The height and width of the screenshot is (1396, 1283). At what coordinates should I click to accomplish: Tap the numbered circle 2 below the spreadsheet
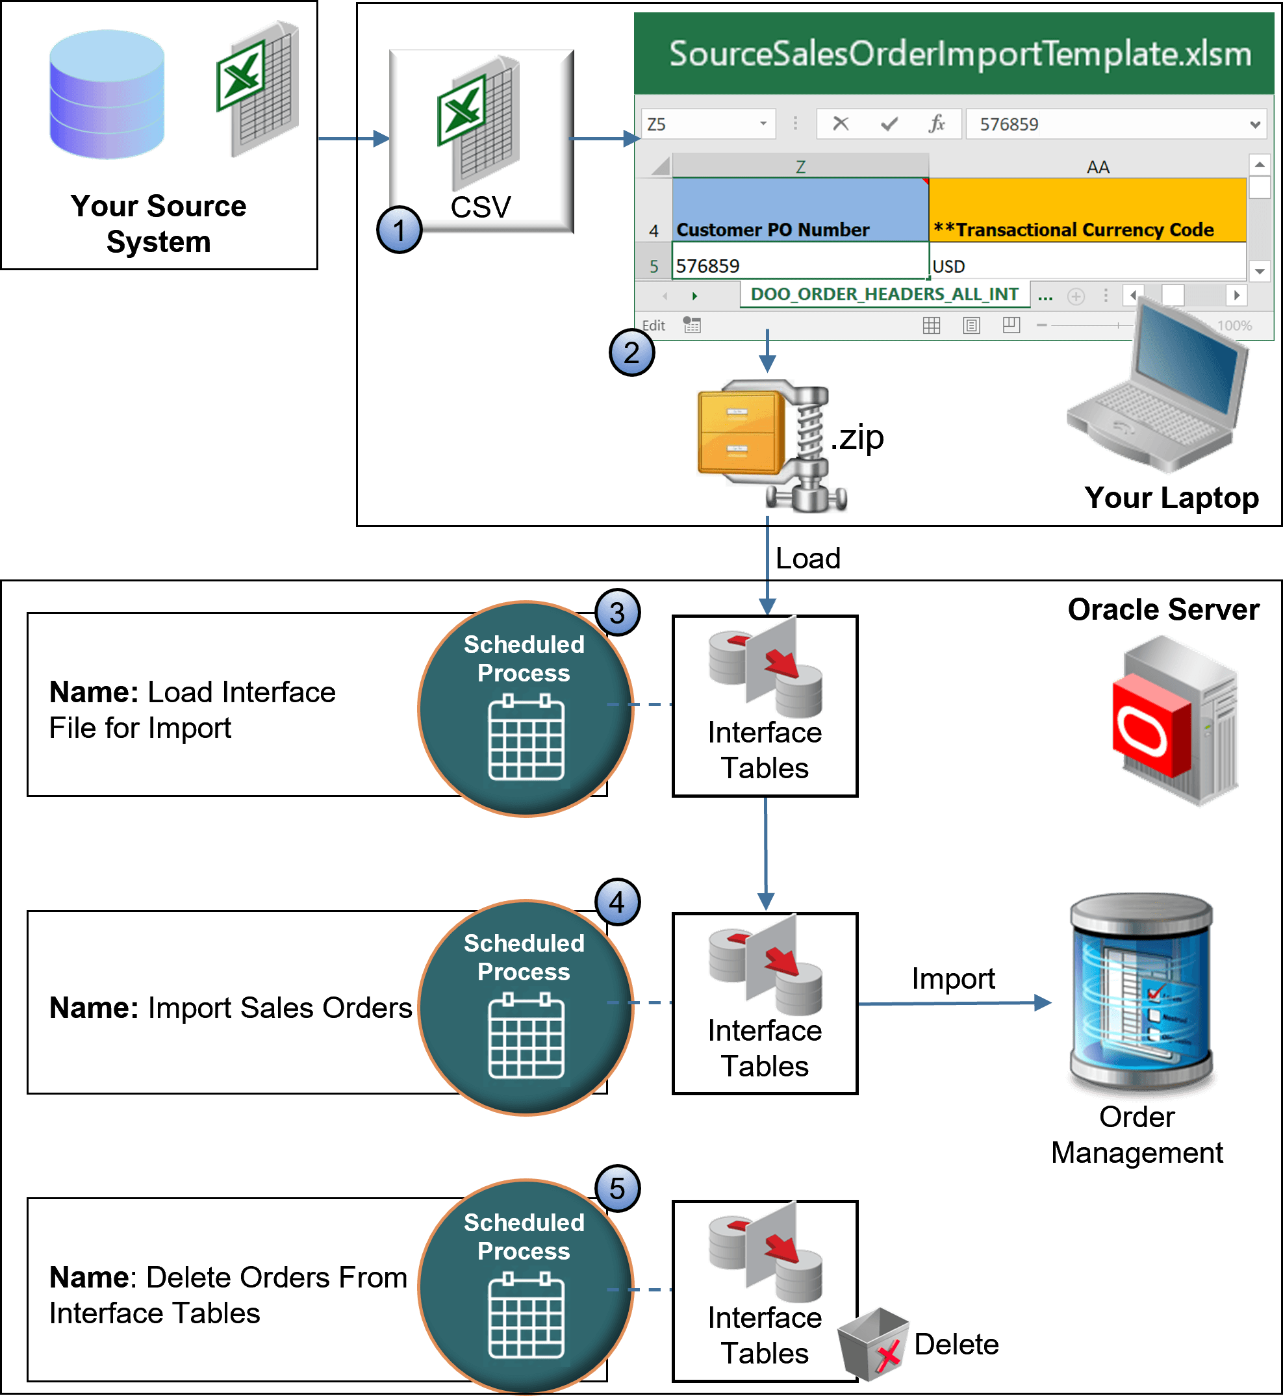coord(631,353)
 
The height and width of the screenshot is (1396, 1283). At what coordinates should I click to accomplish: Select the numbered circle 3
coord(617,613)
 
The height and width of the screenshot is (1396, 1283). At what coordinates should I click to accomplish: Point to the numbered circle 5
coord(617,1188)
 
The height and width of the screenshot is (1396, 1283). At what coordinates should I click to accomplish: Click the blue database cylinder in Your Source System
coord(107,95)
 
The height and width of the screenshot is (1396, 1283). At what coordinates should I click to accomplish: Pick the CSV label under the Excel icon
coord(481,207)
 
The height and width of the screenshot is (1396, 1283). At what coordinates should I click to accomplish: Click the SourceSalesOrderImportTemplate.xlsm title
coord(959,54)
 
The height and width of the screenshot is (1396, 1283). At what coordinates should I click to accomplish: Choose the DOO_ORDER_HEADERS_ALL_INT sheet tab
coord(885,294)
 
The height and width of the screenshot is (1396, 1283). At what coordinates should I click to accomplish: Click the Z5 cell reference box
coord(706,124)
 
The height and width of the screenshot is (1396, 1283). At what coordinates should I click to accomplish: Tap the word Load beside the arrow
coord(808,559)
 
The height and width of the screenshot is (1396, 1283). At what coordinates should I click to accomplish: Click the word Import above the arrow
coord(953,979)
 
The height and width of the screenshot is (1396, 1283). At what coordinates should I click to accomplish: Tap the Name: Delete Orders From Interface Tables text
coord(228,1295)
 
